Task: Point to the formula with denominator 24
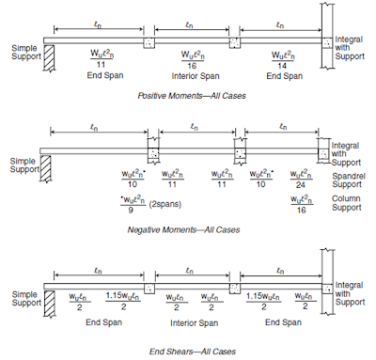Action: (x=301, y=179)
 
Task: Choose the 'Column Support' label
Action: (x=349, y=203)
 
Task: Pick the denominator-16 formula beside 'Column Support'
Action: (x=301, y=202)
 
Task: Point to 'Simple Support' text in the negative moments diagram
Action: (x=20, y=165)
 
